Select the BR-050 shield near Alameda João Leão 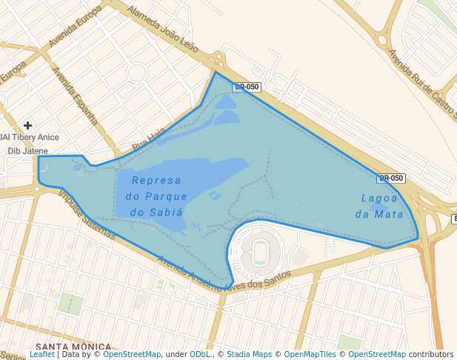point(247,87)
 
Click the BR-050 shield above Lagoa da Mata point(390,178)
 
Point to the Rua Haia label point(148,139)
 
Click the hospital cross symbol point(27,125)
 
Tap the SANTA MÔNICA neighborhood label point(73,347)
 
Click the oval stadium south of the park point(261,252)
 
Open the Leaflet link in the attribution point(41,355)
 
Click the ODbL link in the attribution point(199,355)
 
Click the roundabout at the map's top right point(382,39)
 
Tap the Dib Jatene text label point(27,150)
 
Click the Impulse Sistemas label point(87,215)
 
